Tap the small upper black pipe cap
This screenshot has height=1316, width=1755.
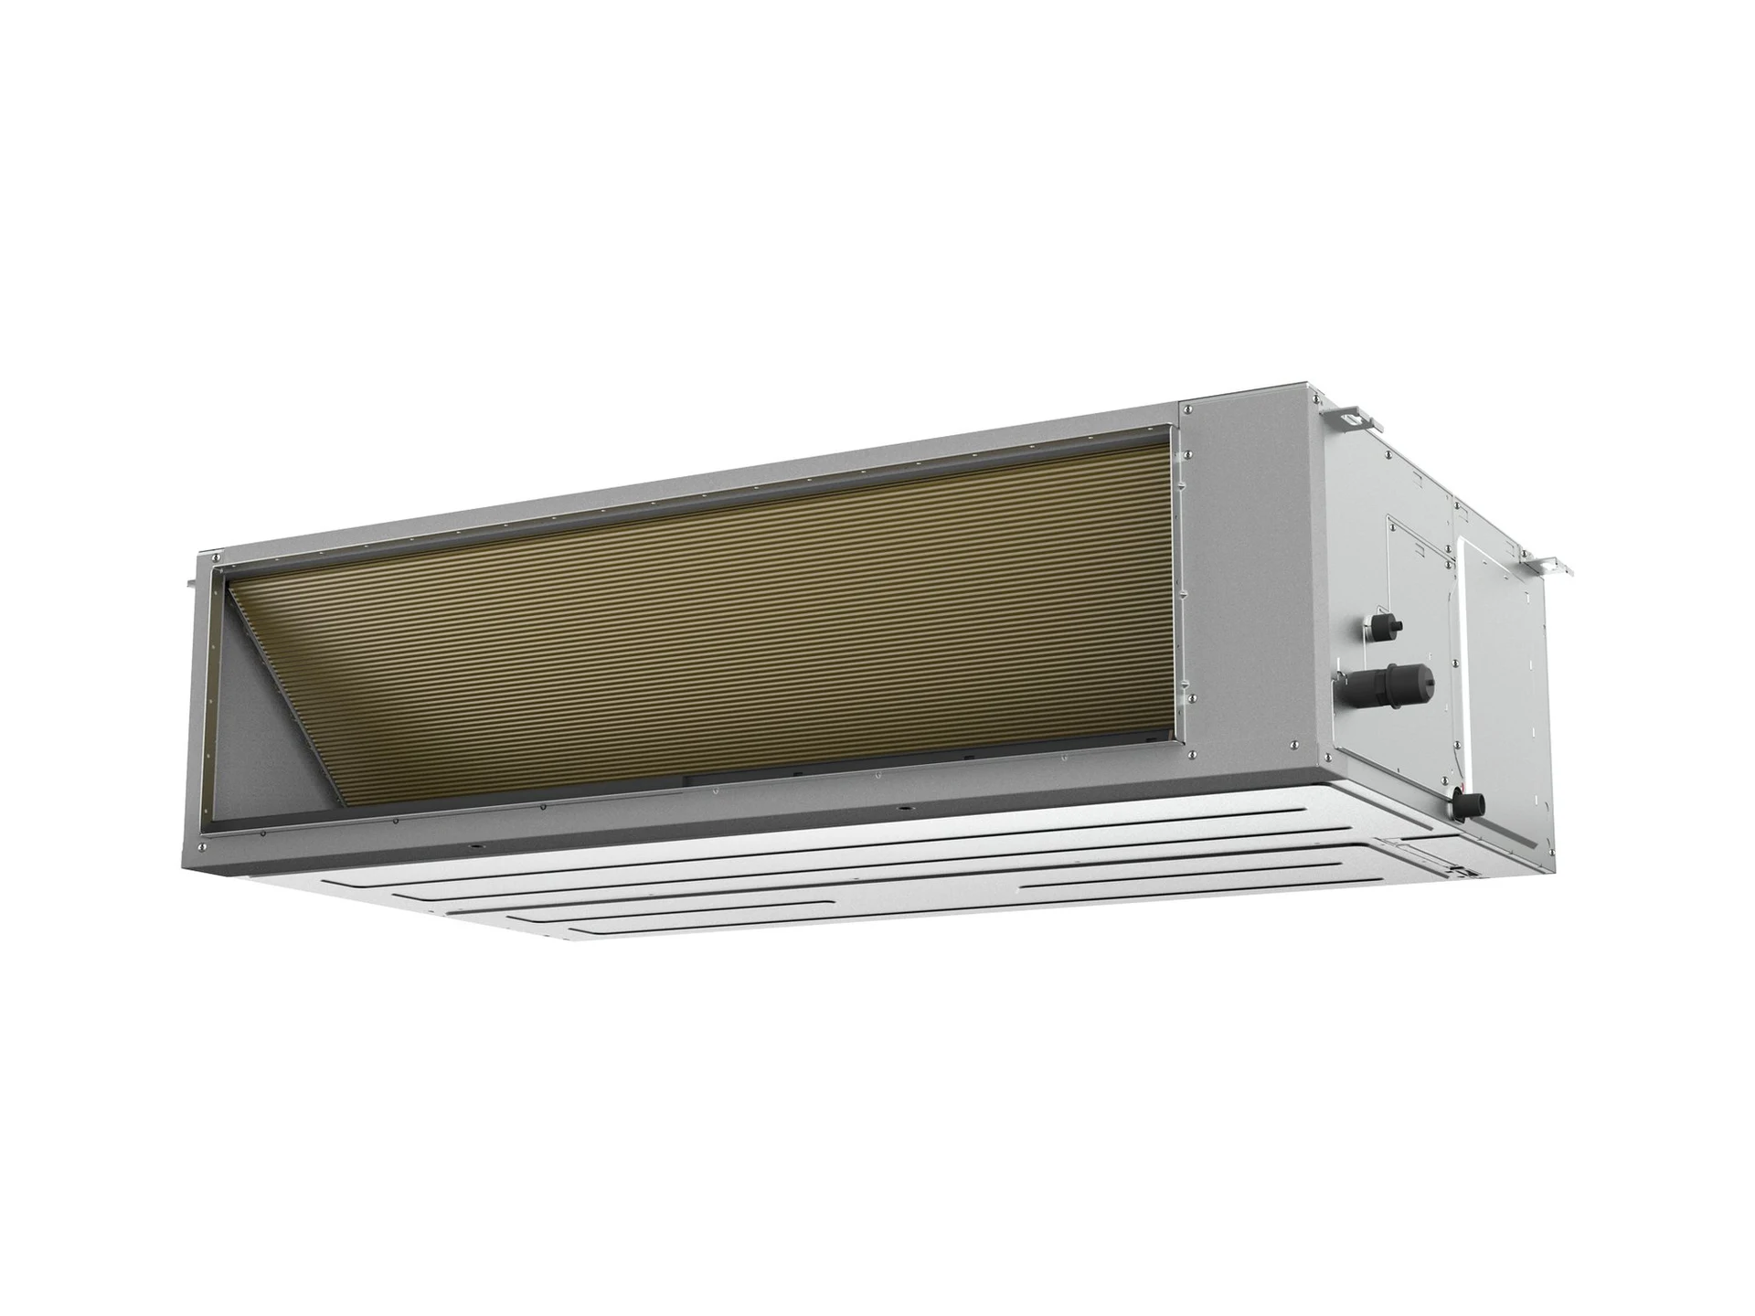pos(1380,624)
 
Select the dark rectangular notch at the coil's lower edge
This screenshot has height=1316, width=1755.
pos(731,780)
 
